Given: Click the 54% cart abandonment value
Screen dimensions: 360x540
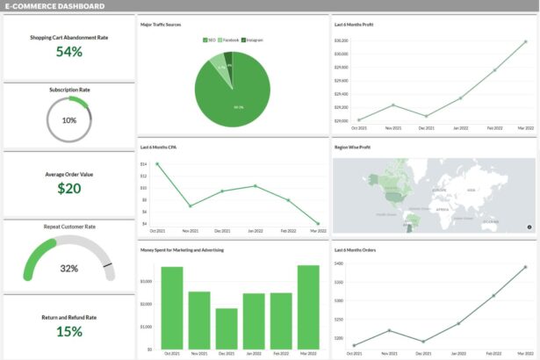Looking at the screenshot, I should click(69, 52).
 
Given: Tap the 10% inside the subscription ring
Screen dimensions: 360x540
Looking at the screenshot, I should click(69, 120).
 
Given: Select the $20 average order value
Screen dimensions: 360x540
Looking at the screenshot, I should click(69, 188).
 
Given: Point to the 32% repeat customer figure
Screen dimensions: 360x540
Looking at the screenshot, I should click(69, 268).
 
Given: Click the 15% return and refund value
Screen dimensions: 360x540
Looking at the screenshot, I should click(69, 331).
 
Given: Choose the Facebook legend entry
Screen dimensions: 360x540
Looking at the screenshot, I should click(229, 40).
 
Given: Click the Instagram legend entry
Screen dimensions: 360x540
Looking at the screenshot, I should click(254, 40).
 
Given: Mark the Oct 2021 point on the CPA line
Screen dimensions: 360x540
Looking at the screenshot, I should click(157, 164).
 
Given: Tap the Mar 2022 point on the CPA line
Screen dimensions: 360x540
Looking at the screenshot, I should click(318, 223).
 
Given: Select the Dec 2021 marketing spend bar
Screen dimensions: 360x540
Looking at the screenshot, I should click(227, 328).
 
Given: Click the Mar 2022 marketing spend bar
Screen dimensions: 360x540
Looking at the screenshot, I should click(308, 306).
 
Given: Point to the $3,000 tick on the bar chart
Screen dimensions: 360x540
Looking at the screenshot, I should click(148, 281).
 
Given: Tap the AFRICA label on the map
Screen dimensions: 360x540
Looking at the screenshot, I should click(443, 209).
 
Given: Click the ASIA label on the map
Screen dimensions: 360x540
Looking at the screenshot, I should click(472, 191).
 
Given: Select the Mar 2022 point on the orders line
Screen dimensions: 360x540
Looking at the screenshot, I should click(526, 267).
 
